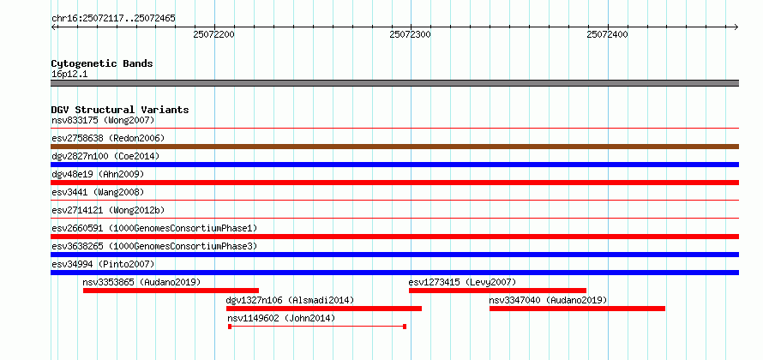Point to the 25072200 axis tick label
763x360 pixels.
pyautogui.click(x=213, y=34)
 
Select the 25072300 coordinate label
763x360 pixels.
pyautogui.click(x=411, y=34)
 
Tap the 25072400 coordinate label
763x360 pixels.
pyautogui.click(x=608, y=34)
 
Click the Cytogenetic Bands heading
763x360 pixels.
pyautogui.click(x=102, y=63)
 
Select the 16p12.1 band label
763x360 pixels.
pyautogui.click(x=69, y=74)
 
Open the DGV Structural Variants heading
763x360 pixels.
pyautogui.click(x=120, y=110)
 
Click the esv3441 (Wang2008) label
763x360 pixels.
pyautogui.click(x=98, y=192)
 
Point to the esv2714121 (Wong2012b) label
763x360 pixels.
pyautogui.click(x=108, y=210)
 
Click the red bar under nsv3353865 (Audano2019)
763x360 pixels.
pyautogui.click(x=171, y=291)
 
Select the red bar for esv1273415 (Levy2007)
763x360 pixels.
pyautogui.click(x=497, y=291)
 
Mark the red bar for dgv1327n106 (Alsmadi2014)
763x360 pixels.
pyautogui.click(x=324, y=309)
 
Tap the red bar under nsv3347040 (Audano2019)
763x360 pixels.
pyautogui.click(x=577, y=309)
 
